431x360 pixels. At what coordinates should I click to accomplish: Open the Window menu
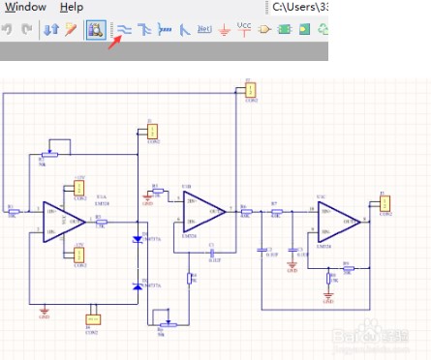(24, 7)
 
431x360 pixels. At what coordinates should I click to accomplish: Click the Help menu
(72, 7)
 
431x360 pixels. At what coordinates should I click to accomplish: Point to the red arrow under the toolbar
(116, 44)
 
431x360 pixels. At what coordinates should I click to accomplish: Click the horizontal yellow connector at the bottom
(94, 318)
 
